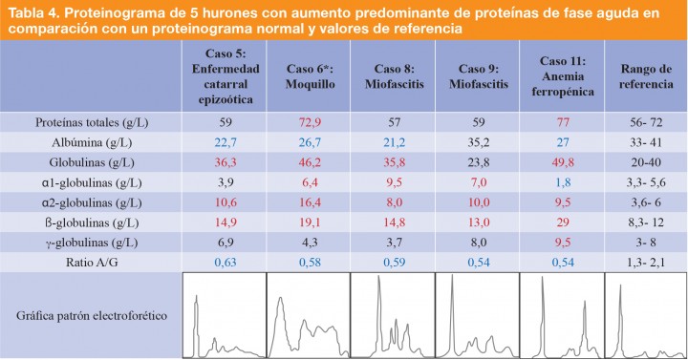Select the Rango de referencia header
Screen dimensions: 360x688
(646, 76)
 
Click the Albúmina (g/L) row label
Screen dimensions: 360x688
(91, 142)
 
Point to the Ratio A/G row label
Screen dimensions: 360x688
(91, 262)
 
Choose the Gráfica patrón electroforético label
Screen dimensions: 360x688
(91, 316)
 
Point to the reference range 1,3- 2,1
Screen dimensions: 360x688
(646, 262)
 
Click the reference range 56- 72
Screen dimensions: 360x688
(646, 122)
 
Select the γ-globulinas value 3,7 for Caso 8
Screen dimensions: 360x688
(393, 243)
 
